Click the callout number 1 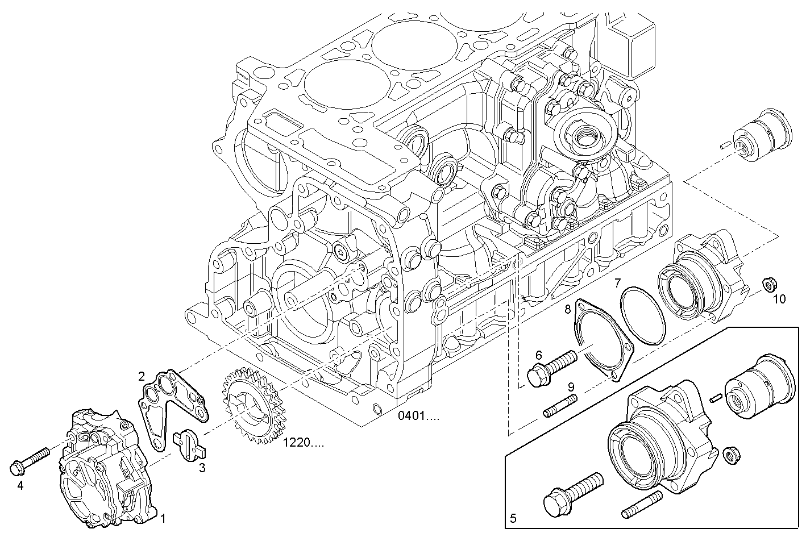pyautogui.click(x=163, y=518)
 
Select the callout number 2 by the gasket pyautogui.click(x=142, y=376)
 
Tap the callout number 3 pyautogui.click(x=202, y=468)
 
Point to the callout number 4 pyautogui.click(x=20, y=485)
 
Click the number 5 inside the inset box pyautogui.click(x=513, y=518)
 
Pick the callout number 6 pyautogui.click(x=539, y=355)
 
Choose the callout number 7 pyautogui.click(x=617, y=282)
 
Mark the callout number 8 pyautogui.click(x=567, y=310)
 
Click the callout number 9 pyautogui.click(x=571, y=387)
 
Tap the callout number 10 pyautogui.click(x=779, y=298)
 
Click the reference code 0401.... pyautogui.click(x=418, y=416)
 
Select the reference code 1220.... pyautogui.click(x=304, y=443)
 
